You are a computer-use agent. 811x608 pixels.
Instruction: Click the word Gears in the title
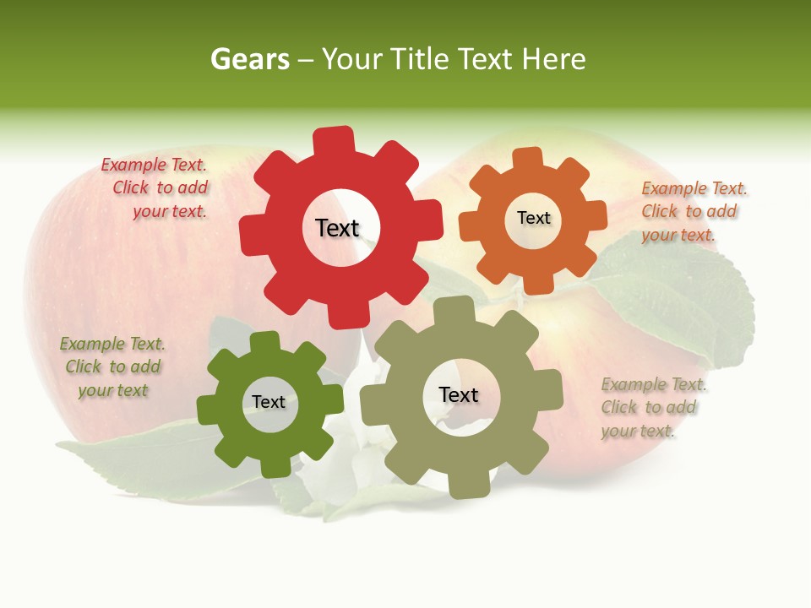point(249,59)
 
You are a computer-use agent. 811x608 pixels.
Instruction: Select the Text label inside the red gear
point(337,228)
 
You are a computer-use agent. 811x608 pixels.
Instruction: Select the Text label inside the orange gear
point(533,218)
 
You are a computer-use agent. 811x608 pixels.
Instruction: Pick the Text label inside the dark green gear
point(268,403)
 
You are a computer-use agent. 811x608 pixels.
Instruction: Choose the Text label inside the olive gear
point(458,395)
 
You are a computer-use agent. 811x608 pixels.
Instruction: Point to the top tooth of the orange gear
point(528,158)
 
